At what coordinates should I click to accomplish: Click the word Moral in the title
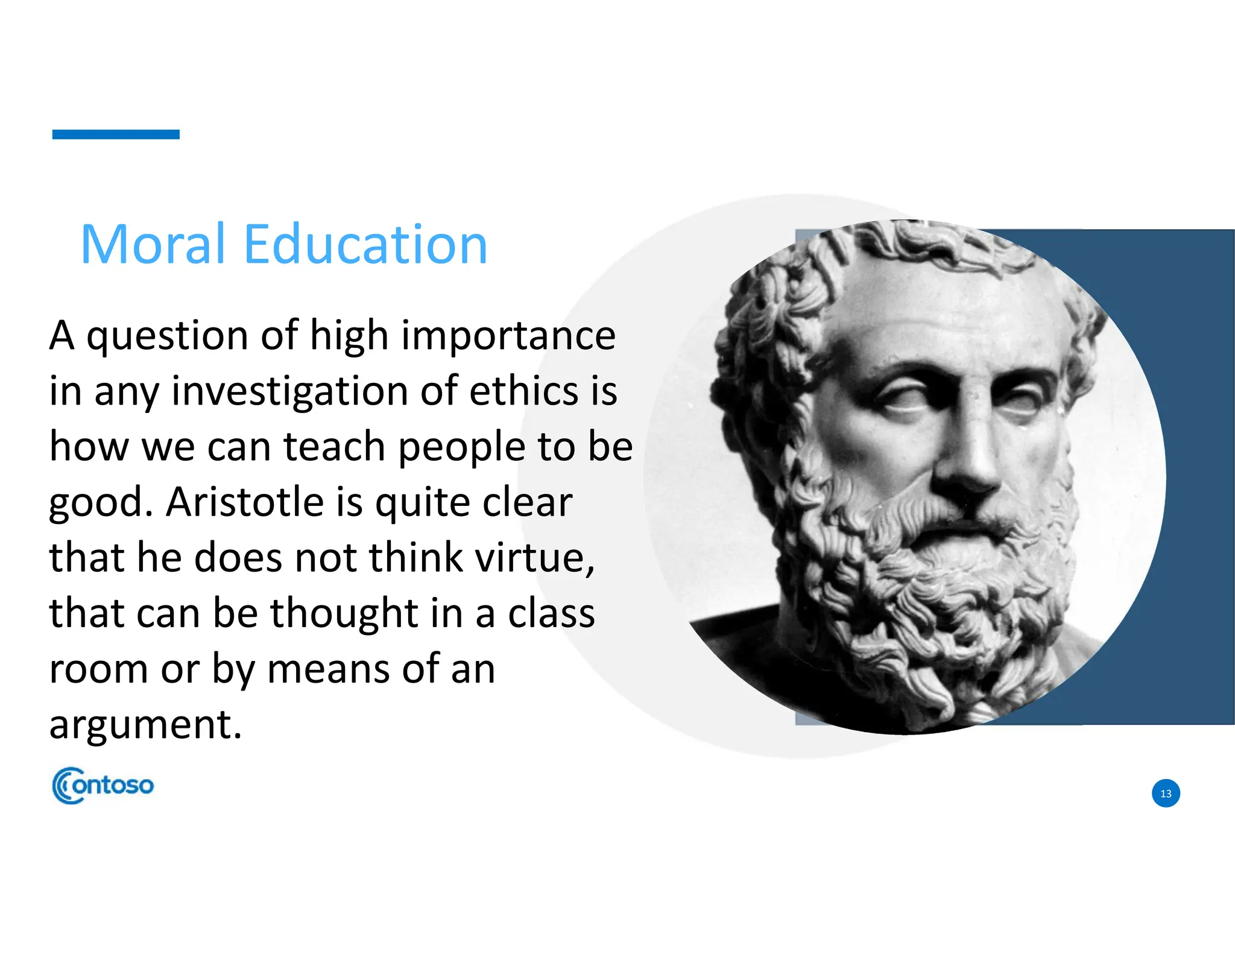click(x=153, y=244)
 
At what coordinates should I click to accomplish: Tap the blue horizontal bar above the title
click(x=116, y=134)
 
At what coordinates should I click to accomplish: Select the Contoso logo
click(x=103, y=785)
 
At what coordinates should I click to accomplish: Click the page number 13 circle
click(x=1166, y=794)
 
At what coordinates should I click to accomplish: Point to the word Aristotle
click(x=245, y=502)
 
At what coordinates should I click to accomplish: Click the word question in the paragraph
click(x=167, y=336)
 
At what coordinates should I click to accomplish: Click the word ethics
click(x=523, y=391)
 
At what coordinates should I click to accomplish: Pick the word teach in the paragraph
click(x=334, y=447)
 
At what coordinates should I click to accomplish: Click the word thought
click(x=344, y=613)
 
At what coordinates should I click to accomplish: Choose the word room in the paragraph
click(x=99, y=669)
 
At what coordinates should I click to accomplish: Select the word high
click(x=349, y=336)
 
